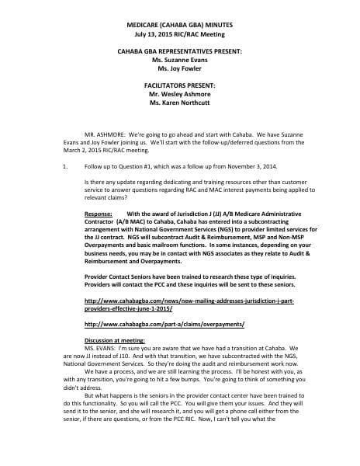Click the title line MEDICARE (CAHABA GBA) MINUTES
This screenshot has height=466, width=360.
click(x=179, y=26)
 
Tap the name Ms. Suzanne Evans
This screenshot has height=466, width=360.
click(x=179, y=59)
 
